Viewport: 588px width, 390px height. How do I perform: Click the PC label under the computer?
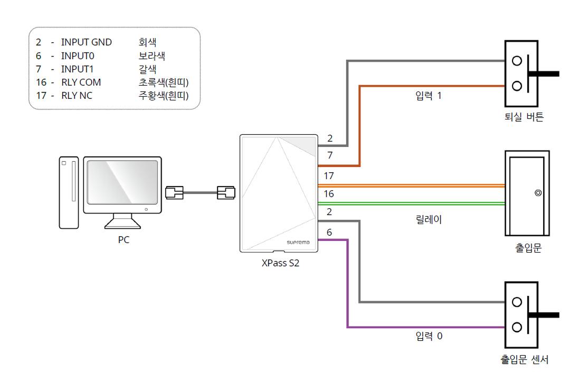click(x=124, y=240)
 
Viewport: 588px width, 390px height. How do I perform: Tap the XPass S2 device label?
click(x=280, y=263)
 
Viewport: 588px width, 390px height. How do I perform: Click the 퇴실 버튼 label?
click(x=524, y=117)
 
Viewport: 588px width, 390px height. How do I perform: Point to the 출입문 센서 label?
click(x=524, y=360)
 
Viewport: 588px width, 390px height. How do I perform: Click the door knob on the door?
click(x=537, y=193)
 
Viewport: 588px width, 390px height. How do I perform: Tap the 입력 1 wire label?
click(x=429, y=97)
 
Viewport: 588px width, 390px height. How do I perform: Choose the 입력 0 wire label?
click(x=429, y=336)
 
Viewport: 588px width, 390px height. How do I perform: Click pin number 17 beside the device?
click(x=329, y=175)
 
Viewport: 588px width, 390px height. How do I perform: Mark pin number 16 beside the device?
click(x=329, y=194)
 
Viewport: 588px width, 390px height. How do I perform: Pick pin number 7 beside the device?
click(x=330, y=155)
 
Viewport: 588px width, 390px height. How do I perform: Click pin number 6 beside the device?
click(x=329, y=233)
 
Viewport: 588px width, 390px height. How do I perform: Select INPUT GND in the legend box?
click(x=87, y=42)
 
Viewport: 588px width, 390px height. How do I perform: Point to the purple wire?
click(x=347, y=285)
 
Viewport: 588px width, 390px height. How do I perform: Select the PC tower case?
click(x=68, y=192)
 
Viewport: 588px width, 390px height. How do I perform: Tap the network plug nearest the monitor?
click(x=174, y=192)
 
